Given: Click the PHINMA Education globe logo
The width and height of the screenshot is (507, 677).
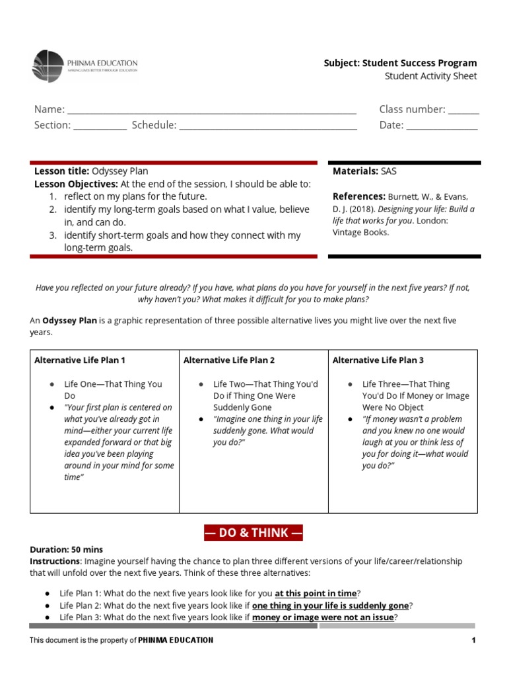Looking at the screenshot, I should pos(48,67).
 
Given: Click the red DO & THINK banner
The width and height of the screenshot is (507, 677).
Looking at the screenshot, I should pos(253,533).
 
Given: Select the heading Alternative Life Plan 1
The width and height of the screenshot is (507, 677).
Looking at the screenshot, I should pos(80,360).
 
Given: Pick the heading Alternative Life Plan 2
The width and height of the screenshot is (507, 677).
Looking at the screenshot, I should pos(228,360).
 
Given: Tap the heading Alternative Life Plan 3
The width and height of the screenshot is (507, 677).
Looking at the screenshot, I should pos(378,360).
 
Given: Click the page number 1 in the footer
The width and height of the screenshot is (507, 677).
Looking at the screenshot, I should pos(473,640).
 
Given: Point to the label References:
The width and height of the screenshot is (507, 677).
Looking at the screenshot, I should pos(359,196).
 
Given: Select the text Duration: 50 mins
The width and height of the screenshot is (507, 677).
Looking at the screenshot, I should pos(67,549).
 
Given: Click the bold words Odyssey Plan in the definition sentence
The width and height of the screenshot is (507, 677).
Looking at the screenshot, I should pos(70,321).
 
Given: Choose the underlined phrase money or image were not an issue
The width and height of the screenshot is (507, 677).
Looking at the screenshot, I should pos(323,617).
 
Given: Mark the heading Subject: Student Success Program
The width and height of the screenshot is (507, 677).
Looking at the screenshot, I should pos(400,63).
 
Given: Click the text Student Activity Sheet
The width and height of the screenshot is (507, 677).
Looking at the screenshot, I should pos(430,76).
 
